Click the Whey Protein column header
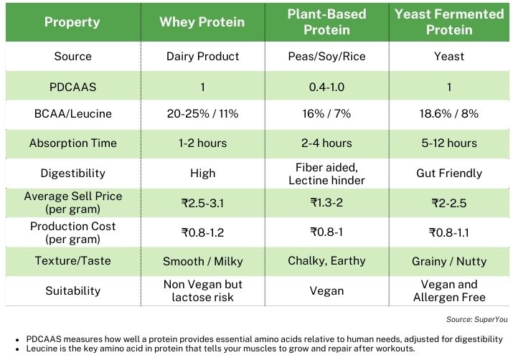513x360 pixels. point(202,22)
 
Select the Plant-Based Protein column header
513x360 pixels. point(326,22)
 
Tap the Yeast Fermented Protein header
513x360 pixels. point(449,22)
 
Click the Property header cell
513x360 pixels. point(72,22)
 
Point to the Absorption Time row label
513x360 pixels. point(72,143)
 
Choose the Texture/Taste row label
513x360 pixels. point(72,261)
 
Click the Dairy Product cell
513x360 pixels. point(202,56)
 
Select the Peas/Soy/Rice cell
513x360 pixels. point(326,56)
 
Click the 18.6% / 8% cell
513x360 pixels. point(449,114)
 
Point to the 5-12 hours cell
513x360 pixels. point(449,143)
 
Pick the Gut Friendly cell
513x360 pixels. point(449,173)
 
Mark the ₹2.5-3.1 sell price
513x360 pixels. point(202,203)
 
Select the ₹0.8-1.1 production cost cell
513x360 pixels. point(449,232)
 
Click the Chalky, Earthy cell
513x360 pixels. point(326,261)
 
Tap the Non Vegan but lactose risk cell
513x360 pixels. point(202,290)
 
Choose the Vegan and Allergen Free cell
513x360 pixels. point(449,290)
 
